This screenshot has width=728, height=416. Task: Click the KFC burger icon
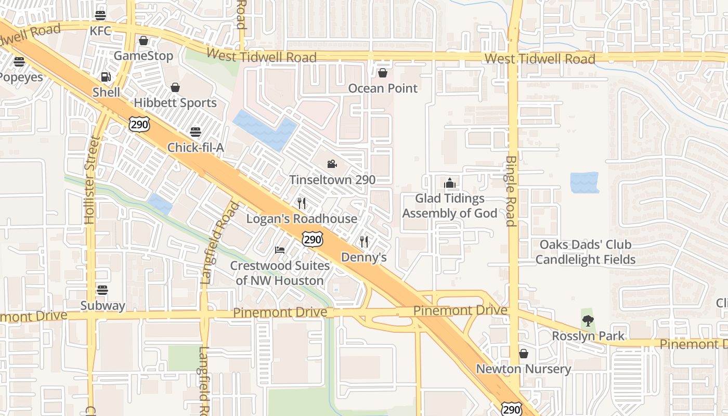100,16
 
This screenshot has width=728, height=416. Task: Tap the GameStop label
144,56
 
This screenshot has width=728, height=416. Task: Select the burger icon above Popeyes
19,62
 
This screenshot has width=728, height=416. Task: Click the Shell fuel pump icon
106,77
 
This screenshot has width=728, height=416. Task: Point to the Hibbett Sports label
175,102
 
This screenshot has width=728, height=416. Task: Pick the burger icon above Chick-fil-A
196,132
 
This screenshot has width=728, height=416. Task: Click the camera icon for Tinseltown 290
332,164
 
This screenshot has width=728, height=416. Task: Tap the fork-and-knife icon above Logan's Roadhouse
302,203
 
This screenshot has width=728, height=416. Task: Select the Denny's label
364,257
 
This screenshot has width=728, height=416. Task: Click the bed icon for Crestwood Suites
280,250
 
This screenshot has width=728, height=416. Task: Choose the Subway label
102,305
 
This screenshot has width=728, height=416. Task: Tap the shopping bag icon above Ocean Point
383,73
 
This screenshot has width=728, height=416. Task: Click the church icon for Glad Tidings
450,183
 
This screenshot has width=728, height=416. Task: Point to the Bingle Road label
511,191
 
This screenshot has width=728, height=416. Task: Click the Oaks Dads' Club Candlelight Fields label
586,252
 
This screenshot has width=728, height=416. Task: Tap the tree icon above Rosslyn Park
588,321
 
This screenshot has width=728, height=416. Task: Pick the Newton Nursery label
524,369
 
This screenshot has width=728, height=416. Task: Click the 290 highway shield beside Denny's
312,239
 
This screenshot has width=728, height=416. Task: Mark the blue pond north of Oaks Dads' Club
584,183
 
